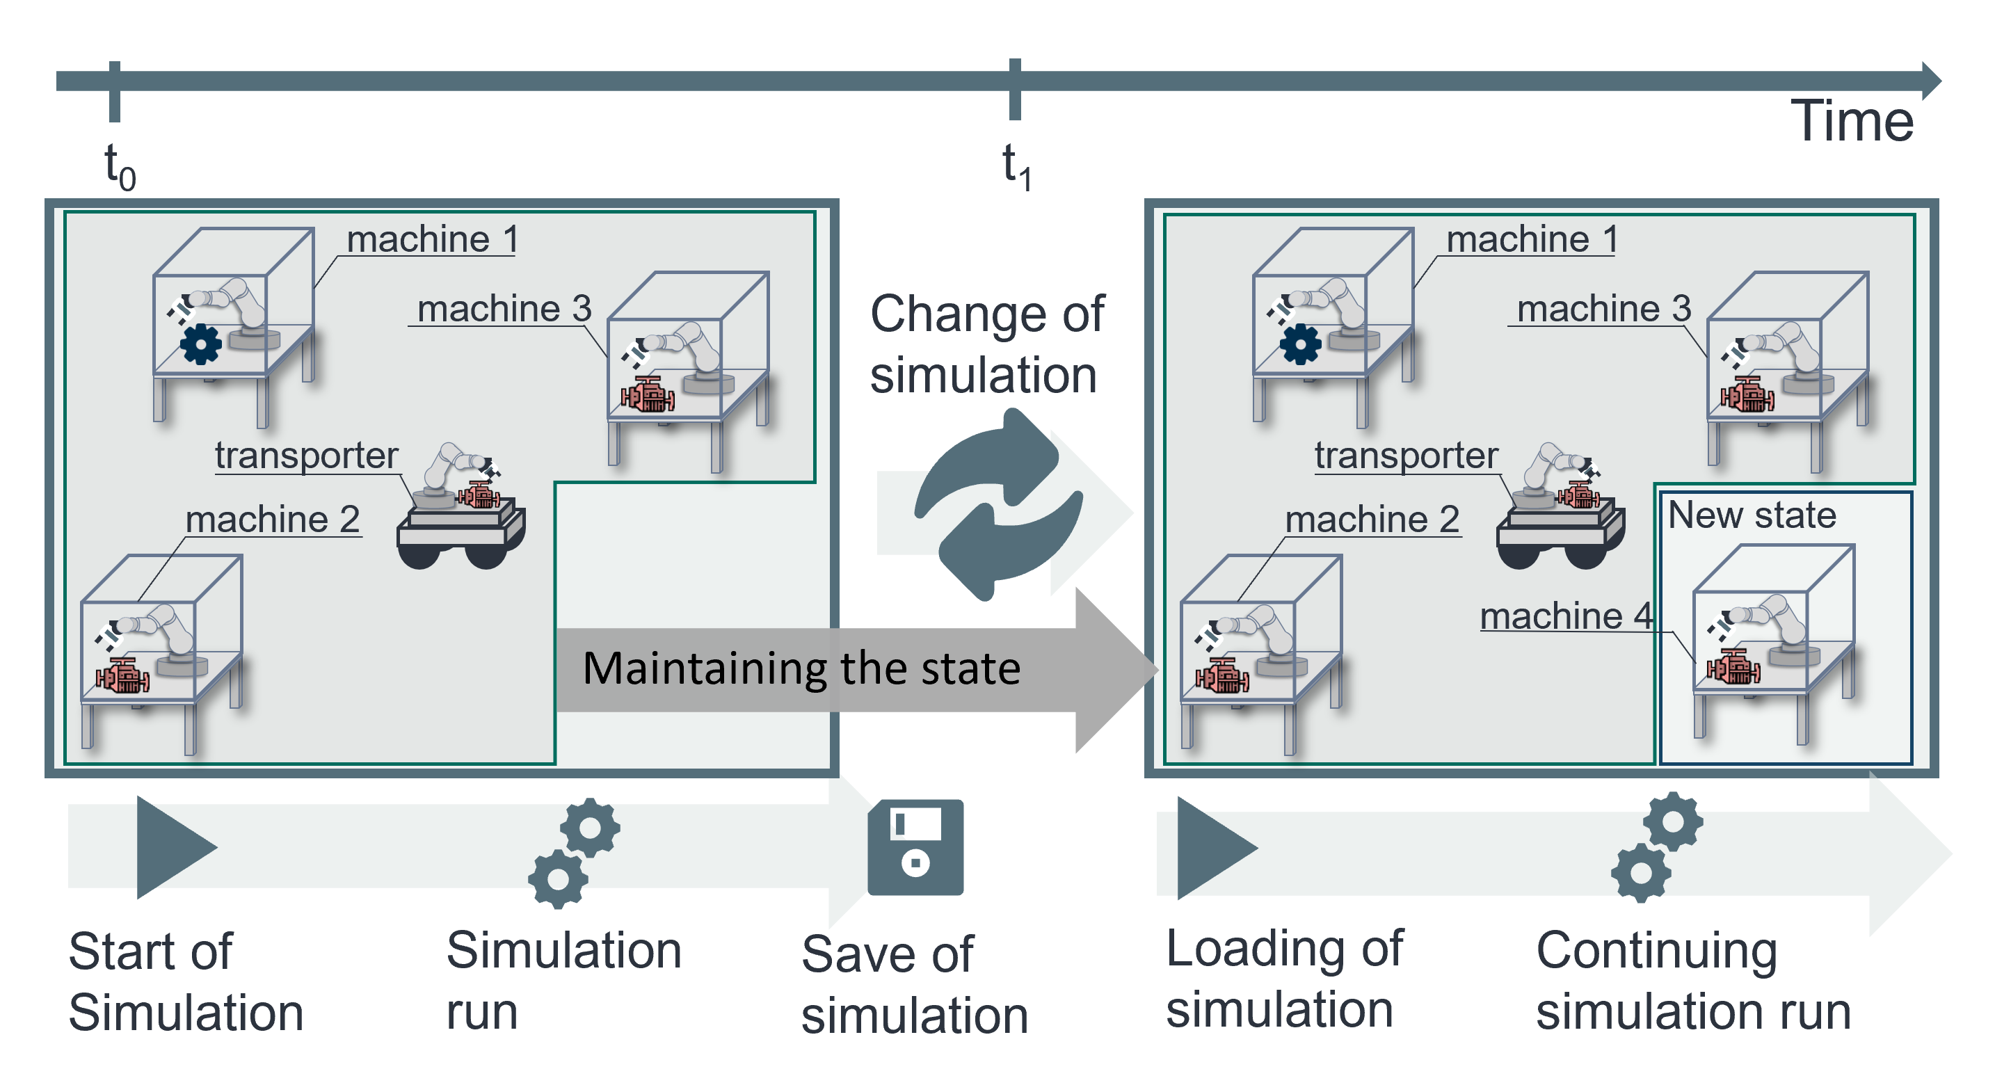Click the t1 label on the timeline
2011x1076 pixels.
(x=1016, y=166)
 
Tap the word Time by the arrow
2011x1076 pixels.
(x=1851, y=122)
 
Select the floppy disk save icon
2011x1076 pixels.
(x=915, y=847)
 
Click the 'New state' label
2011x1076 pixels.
(x=1752, y=515)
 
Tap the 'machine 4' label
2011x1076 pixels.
(x=1565, y=617)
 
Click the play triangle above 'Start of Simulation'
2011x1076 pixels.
(x=173, y=847)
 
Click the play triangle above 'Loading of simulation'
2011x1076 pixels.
(x=1212, y=848)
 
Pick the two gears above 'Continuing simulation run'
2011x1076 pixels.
(x=1656, y=847)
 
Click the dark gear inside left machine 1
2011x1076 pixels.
(x=200, y=344)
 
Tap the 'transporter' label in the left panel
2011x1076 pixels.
(x=306, y=455)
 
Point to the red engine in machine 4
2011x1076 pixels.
(x=1732, y=668)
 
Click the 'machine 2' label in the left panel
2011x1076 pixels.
(x=273, y=520)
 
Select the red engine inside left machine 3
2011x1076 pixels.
(x=647, y=394)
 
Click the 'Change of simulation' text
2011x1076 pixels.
(x=987, y=344)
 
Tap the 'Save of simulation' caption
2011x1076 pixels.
(x=914, y=986)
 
